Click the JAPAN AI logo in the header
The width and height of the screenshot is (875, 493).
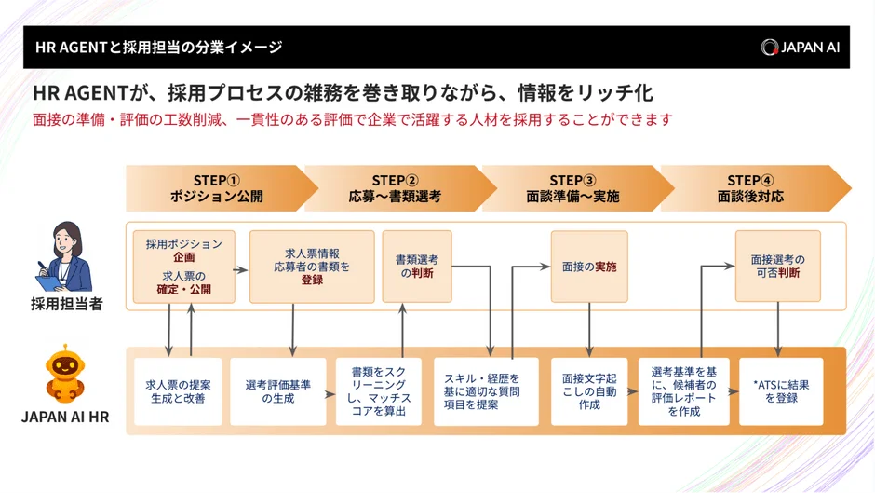800,47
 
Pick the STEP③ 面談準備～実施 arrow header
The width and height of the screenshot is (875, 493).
572,188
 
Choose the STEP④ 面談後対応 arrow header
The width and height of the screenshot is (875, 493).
750,188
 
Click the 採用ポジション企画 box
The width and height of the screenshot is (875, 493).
184,267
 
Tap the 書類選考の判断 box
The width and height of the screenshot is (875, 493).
416,267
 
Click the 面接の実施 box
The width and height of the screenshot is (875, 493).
589,267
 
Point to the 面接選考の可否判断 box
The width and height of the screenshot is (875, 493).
777,267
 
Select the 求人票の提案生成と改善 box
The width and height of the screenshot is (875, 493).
178,391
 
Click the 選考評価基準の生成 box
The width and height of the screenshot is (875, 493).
278,391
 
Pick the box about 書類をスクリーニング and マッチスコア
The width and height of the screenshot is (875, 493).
379,391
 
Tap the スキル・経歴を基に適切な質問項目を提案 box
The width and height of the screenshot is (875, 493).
486,391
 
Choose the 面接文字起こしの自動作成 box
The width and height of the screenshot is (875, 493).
589,391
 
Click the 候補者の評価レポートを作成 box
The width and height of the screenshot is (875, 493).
684,391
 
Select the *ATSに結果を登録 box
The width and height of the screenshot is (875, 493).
781,391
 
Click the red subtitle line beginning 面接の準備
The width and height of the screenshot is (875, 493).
352,120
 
